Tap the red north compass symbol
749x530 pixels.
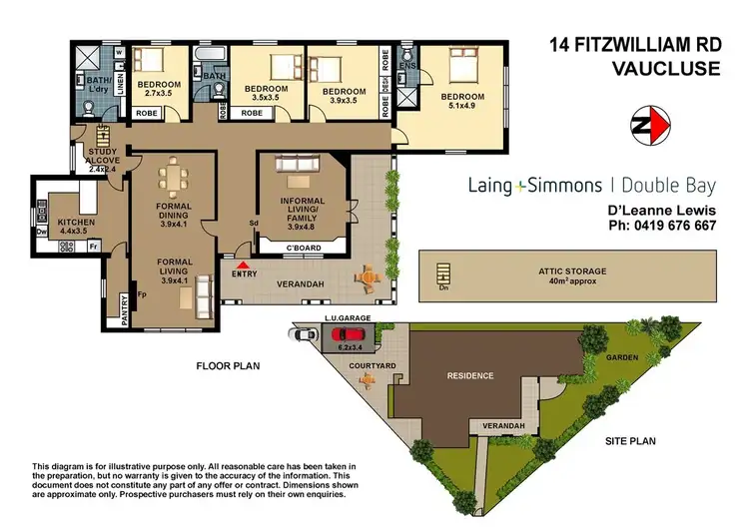[x=651, y=126]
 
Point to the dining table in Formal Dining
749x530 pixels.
[x=174, y=181]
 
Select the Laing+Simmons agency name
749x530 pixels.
[x=535, y=185]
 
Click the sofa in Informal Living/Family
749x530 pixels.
[x=297, y=164]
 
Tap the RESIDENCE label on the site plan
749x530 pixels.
[x=468, y=376]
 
